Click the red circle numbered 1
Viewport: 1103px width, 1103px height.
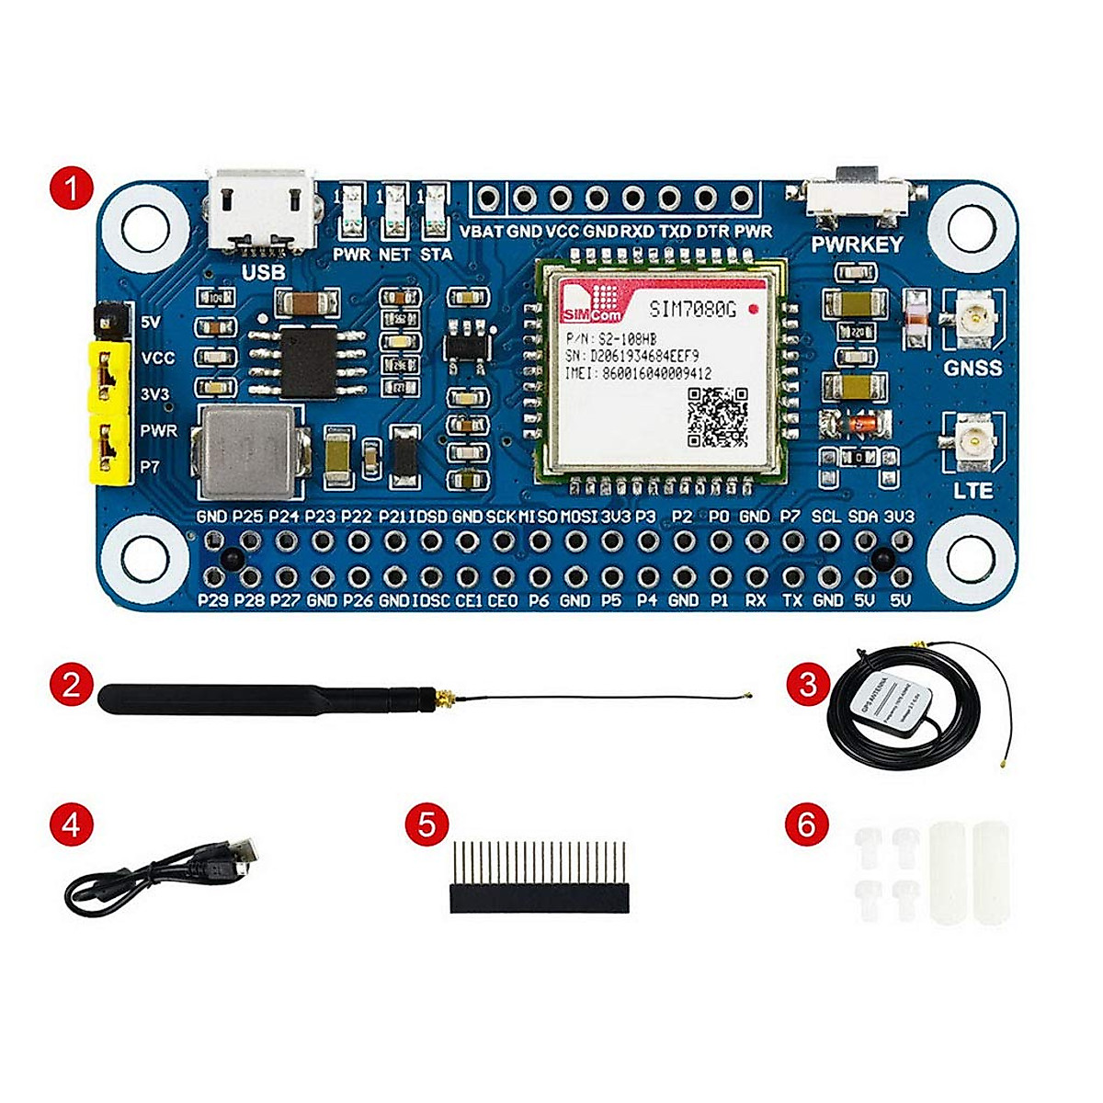(72, 190)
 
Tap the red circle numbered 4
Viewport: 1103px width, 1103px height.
(72, 824)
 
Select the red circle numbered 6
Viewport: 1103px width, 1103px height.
(806, 824)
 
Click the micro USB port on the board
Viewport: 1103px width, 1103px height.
(260, 211)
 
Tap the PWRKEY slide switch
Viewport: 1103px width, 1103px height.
(859, 194)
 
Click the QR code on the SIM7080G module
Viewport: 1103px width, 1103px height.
(718, 415)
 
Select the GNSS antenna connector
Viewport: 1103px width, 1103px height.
(971, 321)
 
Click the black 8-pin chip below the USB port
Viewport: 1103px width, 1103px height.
(309, 360)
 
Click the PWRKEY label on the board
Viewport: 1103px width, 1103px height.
(857, 244)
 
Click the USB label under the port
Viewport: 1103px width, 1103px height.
(262, 272)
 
